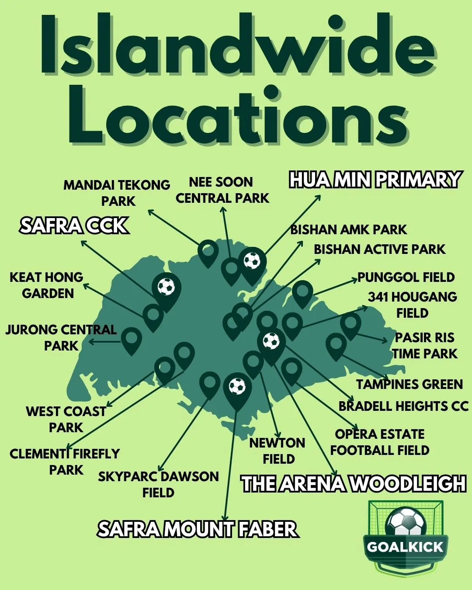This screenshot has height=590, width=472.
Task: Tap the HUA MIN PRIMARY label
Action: (375, 180)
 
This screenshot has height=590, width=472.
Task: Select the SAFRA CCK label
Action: (74, 226)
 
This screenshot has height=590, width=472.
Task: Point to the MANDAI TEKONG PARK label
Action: (117, 193)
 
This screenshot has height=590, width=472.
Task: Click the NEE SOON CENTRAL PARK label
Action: (222, 190)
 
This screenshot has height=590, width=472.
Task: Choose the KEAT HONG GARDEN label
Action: (47, 285)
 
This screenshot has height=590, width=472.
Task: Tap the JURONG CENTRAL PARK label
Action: (61, 337)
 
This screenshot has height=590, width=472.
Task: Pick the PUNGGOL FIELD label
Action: (406, 277)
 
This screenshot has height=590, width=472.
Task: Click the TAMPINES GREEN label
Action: (409, 384)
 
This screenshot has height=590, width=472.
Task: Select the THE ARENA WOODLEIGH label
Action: (354, 484)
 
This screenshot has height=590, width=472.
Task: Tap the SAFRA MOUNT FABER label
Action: (198, 529)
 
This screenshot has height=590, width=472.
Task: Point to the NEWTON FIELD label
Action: (278, 451)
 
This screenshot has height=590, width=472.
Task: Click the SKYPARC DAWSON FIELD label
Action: (158, 484)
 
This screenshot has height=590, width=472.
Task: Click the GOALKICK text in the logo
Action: (405, 547)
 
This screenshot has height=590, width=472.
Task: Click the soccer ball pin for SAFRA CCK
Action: (166, 288)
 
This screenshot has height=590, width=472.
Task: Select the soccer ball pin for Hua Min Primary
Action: (252, 261)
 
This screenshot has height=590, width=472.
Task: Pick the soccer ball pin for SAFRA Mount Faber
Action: (237, 387)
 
